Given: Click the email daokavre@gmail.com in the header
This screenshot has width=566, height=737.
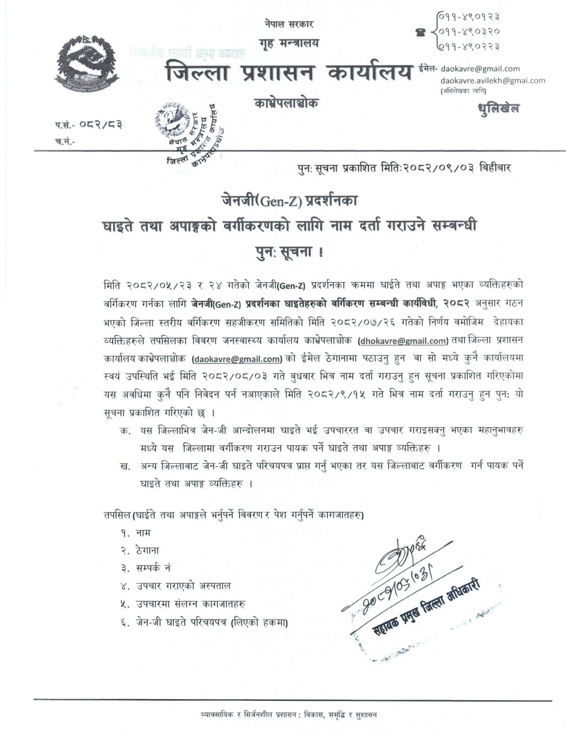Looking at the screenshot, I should coord(480,69).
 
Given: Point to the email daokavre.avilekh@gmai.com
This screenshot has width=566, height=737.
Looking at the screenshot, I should coord(493,80).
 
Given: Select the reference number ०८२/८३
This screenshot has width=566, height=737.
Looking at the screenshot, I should coord(99,125).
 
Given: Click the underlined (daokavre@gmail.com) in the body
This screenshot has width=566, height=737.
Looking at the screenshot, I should coord(237,359).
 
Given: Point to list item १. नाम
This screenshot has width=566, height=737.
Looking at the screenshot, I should coord(135,532).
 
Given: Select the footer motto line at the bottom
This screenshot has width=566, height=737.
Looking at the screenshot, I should coord(289,715).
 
